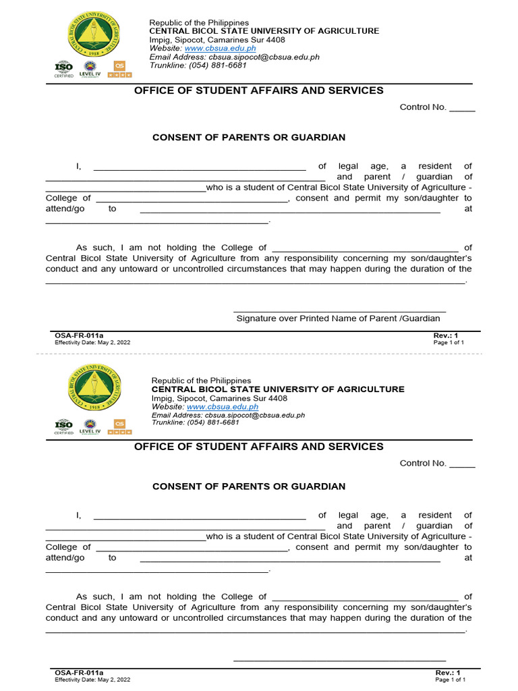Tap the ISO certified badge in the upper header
[x=64, y=70]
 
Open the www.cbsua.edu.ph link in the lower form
[x=223, y=407]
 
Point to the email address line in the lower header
[x=228, y=416]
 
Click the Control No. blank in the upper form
[x=462, y=108]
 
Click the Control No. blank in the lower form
[x=462, y=464]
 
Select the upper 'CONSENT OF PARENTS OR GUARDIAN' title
[x=249, y=138]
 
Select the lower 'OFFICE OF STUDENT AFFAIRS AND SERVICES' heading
[x=259, y=447]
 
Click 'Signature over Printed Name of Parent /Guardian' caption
[x=338, y=319]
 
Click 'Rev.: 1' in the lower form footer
[x=447, y=673]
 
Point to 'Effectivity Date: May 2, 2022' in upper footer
[x=92, y=342]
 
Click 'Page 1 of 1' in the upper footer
[x=449, y=342]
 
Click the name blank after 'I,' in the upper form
[x=199, y=166]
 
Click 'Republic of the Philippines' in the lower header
[x=201, y=381]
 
